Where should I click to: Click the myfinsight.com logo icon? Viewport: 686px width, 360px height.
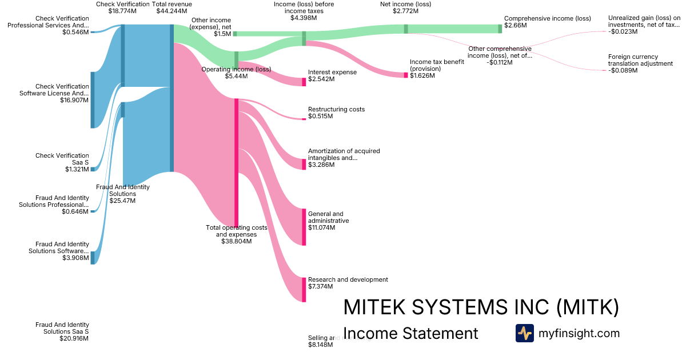(524, 333)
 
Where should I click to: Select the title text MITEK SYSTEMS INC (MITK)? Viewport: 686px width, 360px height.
(481, 307)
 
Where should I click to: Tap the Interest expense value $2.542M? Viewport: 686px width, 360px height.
(321, 79)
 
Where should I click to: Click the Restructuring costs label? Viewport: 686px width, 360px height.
(336, 109)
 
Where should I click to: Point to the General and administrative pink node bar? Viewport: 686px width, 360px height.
(304, 227)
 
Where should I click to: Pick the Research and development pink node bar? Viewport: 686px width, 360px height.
(304, 289)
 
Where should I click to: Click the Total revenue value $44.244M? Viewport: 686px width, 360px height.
(171, 11)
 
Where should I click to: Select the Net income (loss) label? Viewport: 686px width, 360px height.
(405, 4)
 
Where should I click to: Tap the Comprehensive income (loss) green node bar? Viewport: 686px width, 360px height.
(500, 29)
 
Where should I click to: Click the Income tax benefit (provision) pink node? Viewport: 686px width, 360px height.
(406, 75)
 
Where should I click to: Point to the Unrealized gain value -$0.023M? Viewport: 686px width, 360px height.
(623, 31)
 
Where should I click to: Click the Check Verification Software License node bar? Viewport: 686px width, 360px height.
(93, 100)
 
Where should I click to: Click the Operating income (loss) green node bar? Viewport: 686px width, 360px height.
(236, 59)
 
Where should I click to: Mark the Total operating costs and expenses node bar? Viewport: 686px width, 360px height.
(236, 162)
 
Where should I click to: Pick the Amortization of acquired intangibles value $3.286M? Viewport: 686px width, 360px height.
(321, 165)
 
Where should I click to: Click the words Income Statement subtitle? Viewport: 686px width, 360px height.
(410, 333)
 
